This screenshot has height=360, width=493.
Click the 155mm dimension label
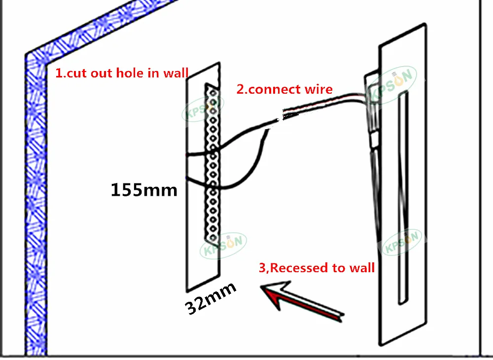[143, 190]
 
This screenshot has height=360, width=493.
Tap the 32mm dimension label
[211, 298]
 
